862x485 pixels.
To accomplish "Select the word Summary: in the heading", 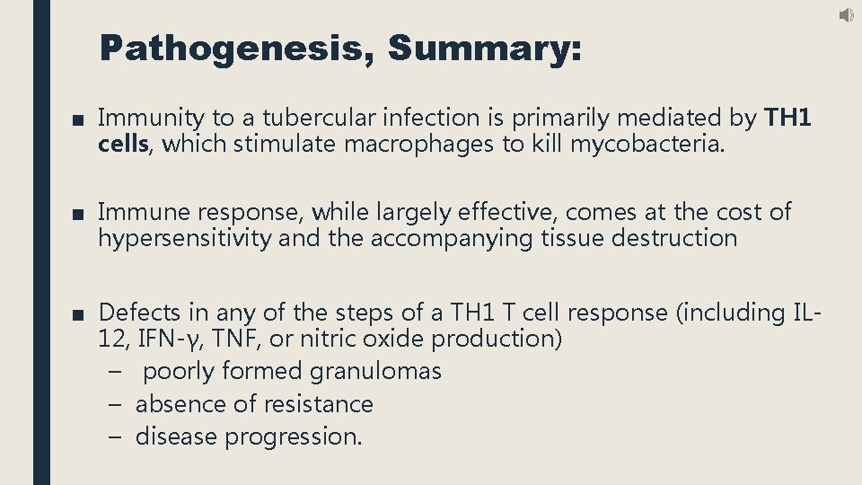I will [x=485, y=48].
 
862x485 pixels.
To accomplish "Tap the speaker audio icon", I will [x=847, y=15].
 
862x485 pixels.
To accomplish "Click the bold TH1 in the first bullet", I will [x=787, y=118].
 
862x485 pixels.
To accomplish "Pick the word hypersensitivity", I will [x=185, y=239].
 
